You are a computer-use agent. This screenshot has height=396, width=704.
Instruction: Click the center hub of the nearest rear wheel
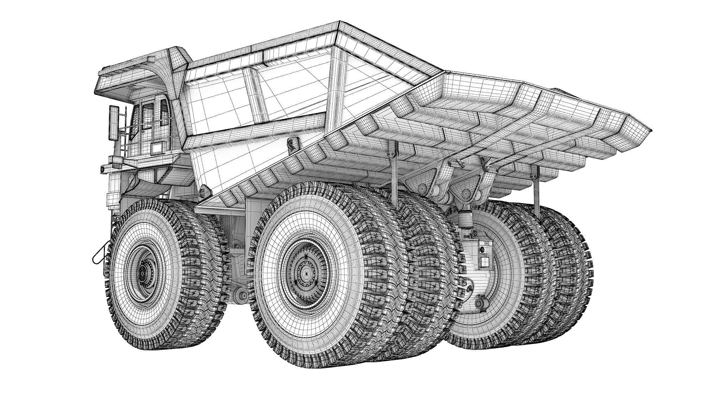click(306, 273)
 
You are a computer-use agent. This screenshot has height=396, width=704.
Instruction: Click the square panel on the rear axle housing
click(485, 262)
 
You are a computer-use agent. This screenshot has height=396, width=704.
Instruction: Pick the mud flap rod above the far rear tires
click(536, 192)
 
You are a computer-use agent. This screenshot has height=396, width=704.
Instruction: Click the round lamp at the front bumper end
click(102, 169)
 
